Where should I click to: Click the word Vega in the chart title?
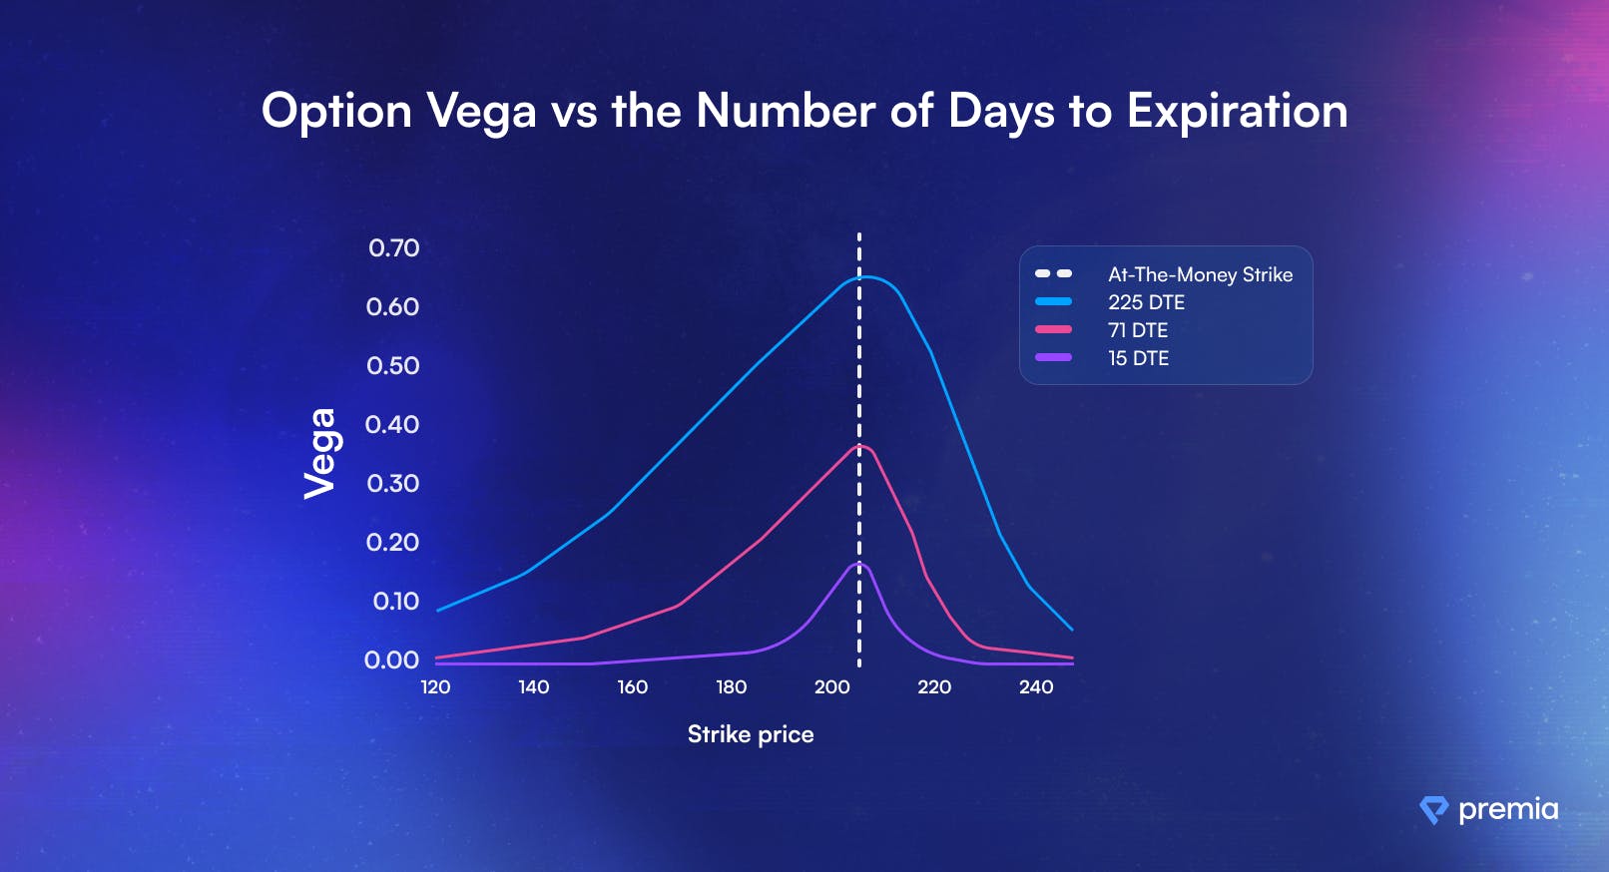(x=481, y=113)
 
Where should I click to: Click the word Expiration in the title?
(x=1237, y=112)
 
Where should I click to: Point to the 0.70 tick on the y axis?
(x=393, y=247)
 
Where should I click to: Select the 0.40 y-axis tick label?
(x=392, y=424)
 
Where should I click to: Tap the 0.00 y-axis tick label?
(x=391, y=659)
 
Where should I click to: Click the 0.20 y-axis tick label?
(x=392, y=543)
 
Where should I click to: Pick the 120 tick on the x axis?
(x=435, y=687)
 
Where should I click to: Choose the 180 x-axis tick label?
(x=732, y=687)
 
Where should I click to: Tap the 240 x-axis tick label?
(x=1036, y=687)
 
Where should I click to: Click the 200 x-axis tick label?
(x=831, y=687)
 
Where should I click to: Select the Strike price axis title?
(x=751, y=734)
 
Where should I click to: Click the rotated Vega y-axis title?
(x=319, y=454)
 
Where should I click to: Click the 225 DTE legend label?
(x=1147, y=302)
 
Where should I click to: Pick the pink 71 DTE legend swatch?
(x=1053, y=329)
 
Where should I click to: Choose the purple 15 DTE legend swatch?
(x=1053, y=358)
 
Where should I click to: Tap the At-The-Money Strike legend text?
(x=1201, y=274)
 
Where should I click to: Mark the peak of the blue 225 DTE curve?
(x=865, y=276)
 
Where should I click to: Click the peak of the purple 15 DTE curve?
(x=859, y=563)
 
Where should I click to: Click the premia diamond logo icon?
(x=1434, y=810)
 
